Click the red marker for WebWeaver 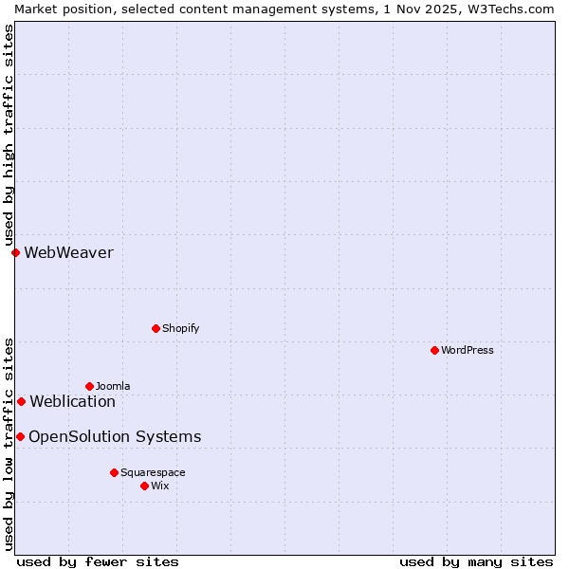(15, 252)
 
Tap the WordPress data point (434, 350)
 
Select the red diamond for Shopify (156, 328)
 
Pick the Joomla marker (89, 386)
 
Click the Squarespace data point (114, 472)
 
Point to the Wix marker (144, 486)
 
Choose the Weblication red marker (21, 401)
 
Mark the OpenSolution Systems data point (20, 436)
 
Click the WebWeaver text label (68, 252)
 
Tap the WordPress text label (468, 350)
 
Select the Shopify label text (181, 328)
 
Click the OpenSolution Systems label (115, 436)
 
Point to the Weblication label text (73, 401)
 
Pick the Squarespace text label (153, 472)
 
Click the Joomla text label (113, 386)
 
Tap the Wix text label (160, 486)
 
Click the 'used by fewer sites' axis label (98, 561)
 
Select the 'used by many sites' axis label (476, 561)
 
